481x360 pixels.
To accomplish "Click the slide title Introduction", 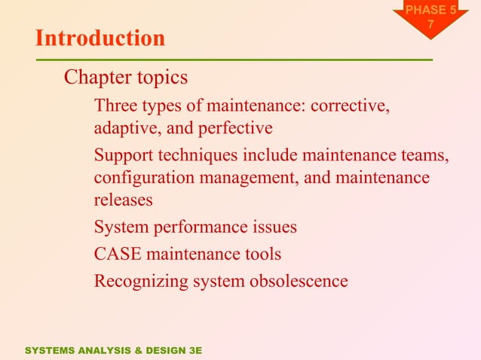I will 100,38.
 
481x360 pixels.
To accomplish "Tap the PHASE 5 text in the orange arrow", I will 430,11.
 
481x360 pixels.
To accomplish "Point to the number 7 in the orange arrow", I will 430,25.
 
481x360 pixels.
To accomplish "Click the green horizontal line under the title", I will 234,59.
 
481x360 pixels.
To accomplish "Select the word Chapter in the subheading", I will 95,78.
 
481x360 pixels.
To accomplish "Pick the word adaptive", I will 124,129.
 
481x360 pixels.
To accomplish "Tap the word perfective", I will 237,129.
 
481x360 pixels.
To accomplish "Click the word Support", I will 123,156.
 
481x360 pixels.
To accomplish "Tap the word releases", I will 123,200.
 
